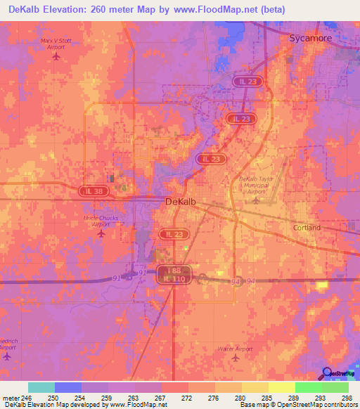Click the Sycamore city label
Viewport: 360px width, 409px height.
pyautogui.click(x=309, y=39)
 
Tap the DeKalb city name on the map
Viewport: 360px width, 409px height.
pyautogui.click(x=183, y=202)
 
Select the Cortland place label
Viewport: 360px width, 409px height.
pyautogui.click(x=307, y=228)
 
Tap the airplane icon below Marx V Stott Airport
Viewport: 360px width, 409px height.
pyautogui.click(x=56, y=57)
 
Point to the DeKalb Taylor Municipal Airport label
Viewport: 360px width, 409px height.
pyautogui.click(x=257, y=184)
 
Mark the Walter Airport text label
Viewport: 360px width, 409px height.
pyautogui.click(x=235, y=349)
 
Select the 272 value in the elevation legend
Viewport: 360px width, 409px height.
pyautogui.click(x=186, y=397)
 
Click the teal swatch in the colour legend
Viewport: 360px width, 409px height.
pyautogui.click(x=41, y=387)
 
